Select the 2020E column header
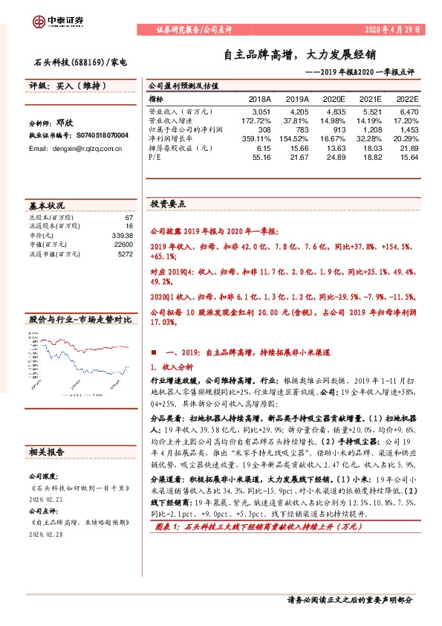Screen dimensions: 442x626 click(334, 98)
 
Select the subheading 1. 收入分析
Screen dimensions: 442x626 click(172, 367)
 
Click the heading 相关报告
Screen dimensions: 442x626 click(46, 451)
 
